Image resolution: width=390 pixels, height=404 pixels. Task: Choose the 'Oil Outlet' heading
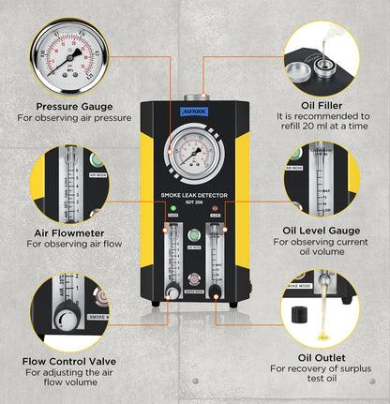[x=322, y=358]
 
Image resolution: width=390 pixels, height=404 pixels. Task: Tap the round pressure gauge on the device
[x=195, y=154]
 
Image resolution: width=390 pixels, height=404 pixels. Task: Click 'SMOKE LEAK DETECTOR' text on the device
[x=195, y=194]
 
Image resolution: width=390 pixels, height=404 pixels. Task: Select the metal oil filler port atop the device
[x=195, y=95]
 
